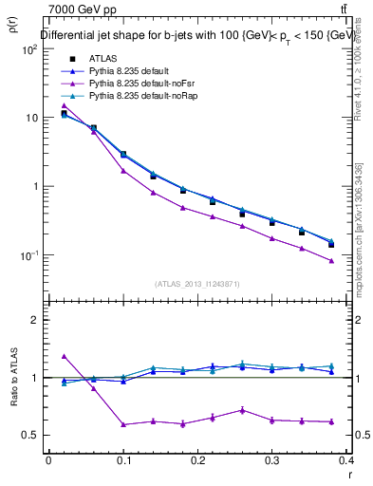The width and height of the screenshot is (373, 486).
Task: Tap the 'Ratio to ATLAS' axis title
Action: [x=15, y=402]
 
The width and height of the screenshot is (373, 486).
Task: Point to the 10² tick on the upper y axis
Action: [x=28, y=49]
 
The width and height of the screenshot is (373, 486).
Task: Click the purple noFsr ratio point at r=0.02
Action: [x=64, y=356]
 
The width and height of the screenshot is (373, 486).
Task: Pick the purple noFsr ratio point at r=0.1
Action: [x=123, y=424]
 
